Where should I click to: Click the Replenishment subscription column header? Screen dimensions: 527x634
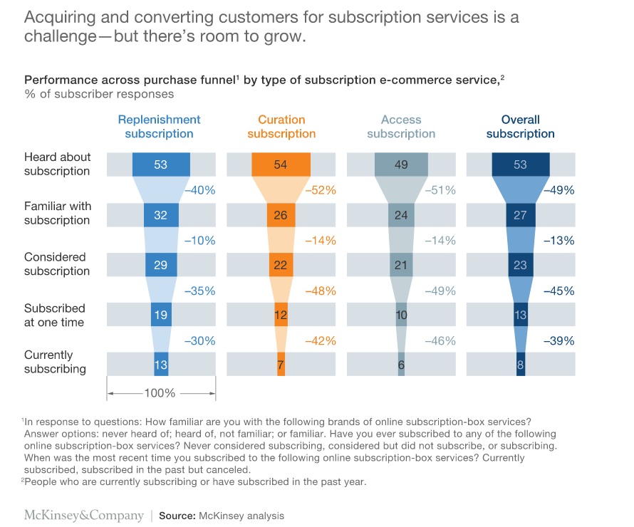(159, 127)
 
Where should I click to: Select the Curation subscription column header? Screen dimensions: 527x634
(281, 127)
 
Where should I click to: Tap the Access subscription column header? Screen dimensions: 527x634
(401, 127)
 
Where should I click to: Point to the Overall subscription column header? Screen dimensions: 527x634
(520, 127)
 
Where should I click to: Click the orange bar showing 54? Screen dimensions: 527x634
(281, 165)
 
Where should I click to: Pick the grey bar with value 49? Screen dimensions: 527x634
(401, 165)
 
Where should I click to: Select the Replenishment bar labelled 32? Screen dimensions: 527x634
(160, 215)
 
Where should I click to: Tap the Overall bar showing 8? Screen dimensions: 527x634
(521, 365)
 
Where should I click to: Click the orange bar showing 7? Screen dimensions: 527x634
(281, 365)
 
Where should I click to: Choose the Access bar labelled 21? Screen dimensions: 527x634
(401, 265)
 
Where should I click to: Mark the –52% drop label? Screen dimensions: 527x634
(320, 190)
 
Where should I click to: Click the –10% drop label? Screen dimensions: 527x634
(199, 241)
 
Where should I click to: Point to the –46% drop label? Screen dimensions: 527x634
(440, 341)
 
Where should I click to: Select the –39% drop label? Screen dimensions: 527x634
(558, 341)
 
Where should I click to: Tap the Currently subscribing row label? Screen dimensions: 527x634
(55, 362)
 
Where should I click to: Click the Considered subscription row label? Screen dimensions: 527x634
(56, 263)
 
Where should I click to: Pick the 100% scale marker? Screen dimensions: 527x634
(160, 393)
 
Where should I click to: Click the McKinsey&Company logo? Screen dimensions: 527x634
(83, 515)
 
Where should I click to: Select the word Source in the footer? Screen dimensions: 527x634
(176, 516)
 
